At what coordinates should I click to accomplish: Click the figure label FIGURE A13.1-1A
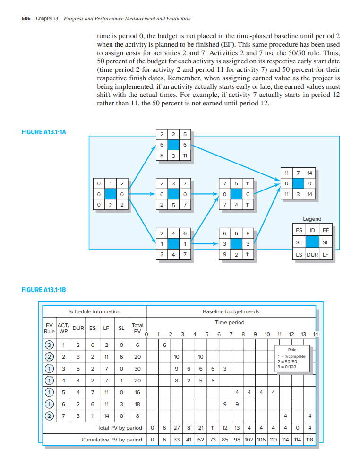coord(44,132)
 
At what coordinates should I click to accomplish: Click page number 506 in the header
coord(26,19)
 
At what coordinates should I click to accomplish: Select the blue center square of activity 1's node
coord(110,193)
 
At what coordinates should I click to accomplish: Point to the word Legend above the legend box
coord(312,219)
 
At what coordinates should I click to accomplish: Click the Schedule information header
coord(94,311)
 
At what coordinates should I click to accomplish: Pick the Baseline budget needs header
coord(231,311)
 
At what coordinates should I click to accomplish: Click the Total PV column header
coord(137,328)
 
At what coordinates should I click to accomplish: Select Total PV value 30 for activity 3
coord(137,368)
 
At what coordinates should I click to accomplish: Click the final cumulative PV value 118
coord(309,440)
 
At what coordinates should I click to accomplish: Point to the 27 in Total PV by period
coord(175,428)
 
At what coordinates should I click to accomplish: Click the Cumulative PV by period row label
coord(111,440)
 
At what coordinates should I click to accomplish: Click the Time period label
coord(230,322)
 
